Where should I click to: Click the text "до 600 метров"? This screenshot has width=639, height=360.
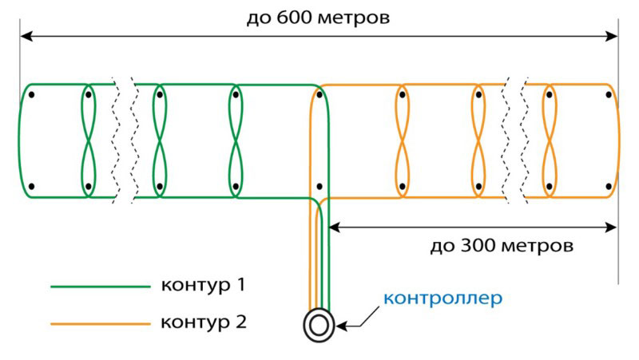(x=318, y=17)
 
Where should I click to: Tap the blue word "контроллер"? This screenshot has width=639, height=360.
(x=443, y=299)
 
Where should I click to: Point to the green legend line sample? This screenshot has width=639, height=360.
(x=100, y=286)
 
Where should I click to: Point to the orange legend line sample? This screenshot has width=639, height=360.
(x=100, y=323)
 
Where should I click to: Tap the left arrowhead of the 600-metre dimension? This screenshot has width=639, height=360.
(x=25, y=36)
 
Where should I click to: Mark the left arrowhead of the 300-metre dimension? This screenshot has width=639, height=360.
(x=335, y=227)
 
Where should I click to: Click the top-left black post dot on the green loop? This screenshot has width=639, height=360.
(x=32, y=95)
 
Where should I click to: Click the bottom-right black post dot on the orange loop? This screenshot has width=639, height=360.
(x=609, y=186)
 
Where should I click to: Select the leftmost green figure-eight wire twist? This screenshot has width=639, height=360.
(x=88, y=140)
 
